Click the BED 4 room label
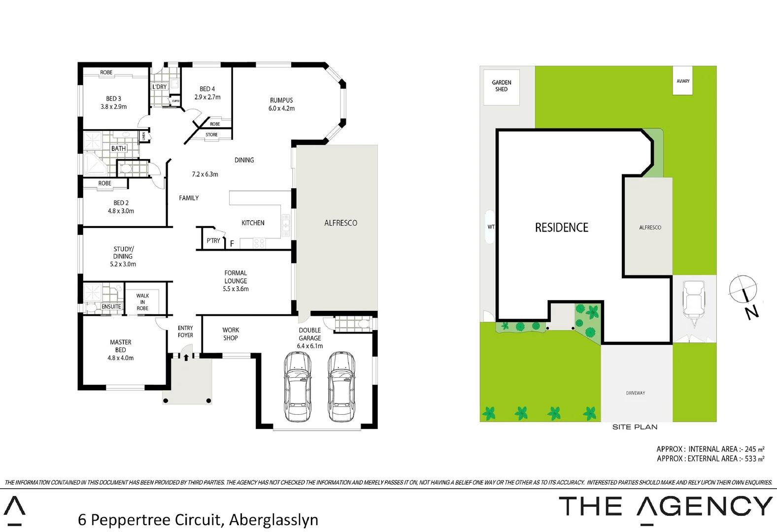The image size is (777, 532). [x=207, y=93]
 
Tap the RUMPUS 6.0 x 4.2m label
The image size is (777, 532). [x=281, y=104]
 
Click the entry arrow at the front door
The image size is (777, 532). [x=186, y=357]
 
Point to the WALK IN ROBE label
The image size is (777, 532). [x=142, y=302]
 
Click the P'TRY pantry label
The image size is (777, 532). [x=213, y=240]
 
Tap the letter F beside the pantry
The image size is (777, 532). [x=232, y=244]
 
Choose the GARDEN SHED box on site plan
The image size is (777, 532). [x=502, y=86]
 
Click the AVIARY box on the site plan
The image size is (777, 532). [x=683, y=81]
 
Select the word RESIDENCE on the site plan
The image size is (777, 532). [x=562, y=228]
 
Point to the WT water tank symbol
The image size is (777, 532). [x=490, y=227]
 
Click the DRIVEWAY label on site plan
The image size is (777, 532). [x=636, y=393]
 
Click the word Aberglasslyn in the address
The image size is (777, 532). [x=273, y=520]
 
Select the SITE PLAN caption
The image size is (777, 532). [x=635, y=427]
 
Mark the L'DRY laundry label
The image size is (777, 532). [x=159, y=87]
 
